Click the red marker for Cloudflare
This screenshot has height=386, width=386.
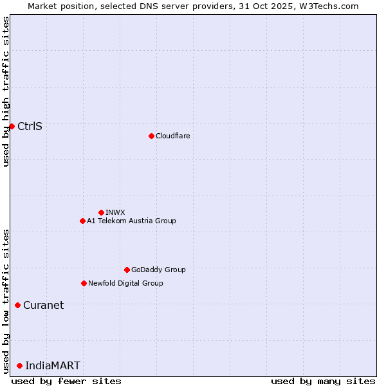pos(151,136)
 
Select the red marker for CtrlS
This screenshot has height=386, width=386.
pos(12,126)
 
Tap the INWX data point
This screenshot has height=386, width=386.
pos(101,212)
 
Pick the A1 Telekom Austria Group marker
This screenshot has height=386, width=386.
pos(82,221)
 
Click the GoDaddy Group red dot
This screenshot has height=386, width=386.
pos(127,270)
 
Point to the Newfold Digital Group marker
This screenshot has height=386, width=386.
pos(84,283)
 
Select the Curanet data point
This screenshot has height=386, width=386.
pos(17,305)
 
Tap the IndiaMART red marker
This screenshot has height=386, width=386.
pos(19,365)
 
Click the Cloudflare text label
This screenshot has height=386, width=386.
pos(172,136)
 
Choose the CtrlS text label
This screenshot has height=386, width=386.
pos(30,126)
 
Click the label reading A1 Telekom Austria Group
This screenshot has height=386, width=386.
pos(131,221)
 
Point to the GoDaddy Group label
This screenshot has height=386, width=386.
pos(158,270)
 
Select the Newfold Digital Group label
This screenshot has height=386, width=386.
pos(125,283)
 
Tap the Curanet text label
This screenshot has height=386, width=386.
pos(43,305)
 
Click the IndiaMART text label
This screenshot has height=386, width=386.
pos(53,365)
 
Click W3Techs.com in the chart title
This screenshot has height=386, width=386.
pos(327,6)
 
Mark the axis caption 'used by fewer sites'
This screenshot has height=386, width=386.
pos(66,381)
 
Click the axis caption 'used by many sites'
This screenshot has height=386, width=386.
pos(323,381)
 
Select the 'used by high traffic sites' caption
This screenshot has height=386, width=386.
pos(6,91)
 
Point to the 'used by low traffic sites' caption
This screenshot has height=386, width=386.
pos(6,300)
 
